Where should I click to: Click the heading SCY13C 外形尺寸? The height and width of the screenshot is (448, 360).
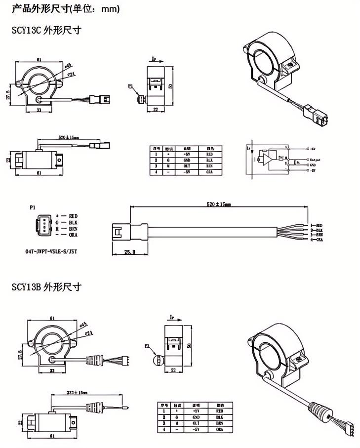[x=46, y=31]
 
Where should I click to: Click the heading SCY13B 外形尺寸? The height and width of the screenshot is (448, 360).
[x=46, y=287]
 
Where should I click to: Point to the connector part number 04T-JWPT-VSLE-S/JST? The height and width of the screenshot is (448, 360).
[x=51, y=251]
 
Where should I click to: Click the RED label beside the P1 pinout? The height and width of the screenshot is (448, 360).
[x=74, y=216]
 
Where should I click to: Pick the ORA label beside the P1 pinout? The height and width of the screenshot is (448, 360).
[x=74, y=236]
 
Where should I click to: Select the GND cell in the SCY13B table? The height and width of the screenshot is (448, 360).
[x=194, y=417]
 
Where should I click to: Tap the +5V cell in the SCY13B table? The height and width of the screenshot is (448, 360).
[x=194, y=410]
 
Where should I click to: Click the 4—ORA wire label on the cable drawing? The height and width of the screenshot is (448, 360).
[x=316, y=240]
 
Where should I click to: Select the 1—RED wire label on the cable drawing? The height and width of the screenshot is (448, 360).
[x=316, y=225]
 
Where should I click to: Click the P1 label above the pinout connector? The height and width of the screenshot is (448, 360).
[x=32, y=208]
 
